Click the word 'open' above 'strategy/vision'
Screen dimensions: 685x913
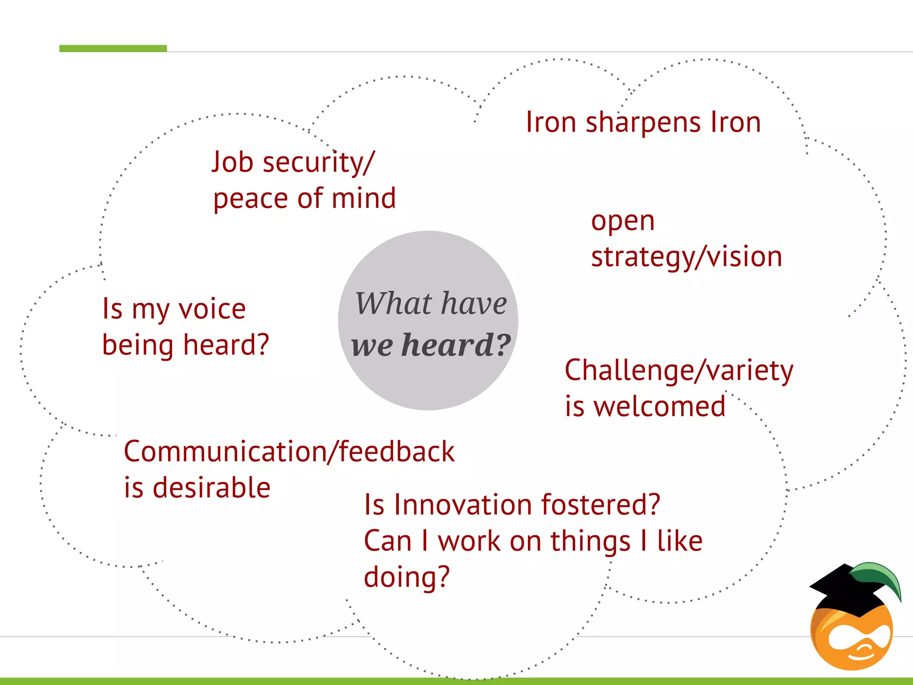click(x=623, y=222)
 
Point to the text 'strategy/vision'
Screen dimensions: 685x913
click(x=687, y=257)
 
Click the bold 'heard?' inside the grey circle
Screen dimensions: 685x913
click(x=456, y=345)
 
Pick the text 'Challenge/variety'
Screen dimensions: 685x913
click(x=679, y=371)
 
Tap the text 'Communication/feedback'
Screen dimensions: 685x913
click(x=289, y=451)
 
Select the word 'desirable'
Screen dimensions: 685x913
click(x=211, y=487)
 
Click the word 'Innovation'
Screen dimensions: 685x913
click(x=463, y=505)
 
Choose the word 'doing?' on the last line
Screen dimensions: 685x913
click(x=407, y=577)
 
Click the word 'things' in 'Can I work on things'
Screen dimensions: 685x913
click(x=590, y=541)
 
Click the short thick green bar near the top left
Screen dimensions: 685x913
click(x=113, y=48)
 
